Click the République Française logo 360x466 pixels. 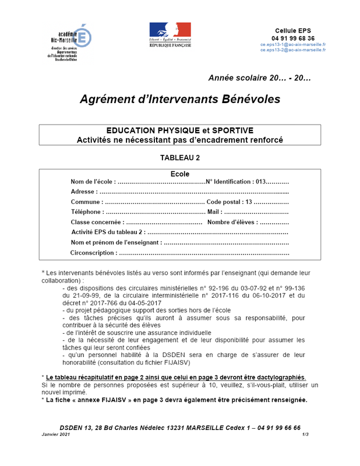[170, 34]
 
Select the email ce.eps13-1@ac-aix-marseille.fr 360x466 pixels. [293, 44]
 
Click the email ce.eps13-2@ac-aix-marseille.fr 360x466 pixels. [293, 50]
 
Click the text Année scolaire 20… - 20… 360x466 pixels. [260, 77]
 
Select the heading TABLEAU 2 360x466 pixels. [180, 157]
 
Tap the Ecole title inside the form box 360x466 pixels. [180, 174]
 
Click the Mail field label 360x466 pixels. [213, 211]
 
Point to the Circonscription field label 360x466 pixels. [93, 253]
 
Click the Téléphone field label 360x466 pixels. [87, 211]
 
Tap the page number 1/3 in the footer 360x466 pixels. [305, 435]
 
